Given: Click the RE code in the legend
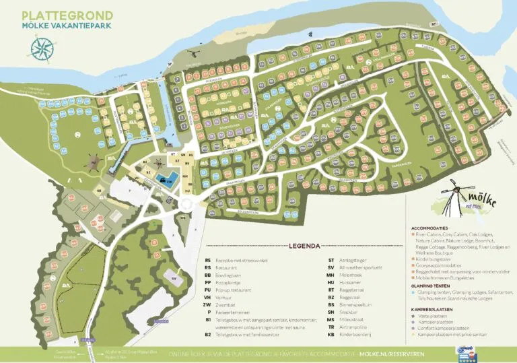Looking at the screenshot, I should (208, 259).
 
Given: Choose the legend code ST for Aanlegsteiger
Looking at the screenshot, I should (331, 259).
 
